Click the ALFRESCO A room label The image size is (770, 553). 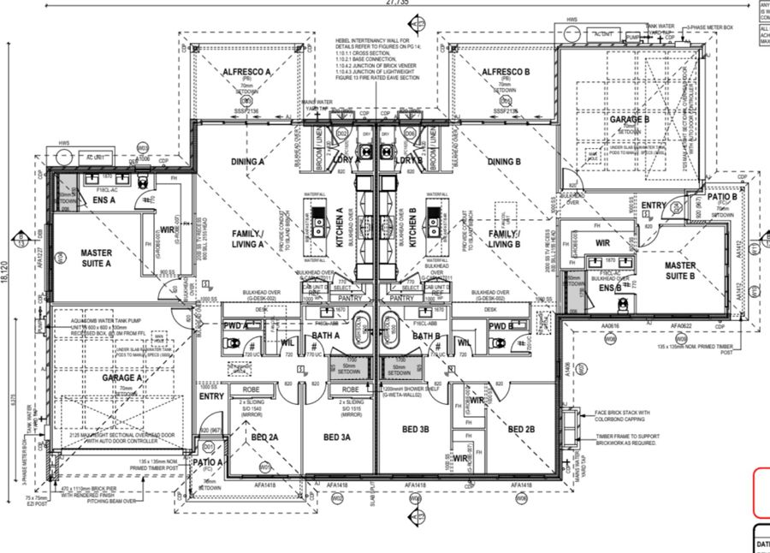coord(247,72)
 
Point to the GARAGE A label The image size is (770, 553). coord(122,378)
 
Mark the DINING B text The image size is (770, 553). coord(505,161)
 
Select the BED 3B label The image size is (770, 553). coord(415,429)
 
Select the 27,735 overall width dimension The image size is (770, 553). coord(385,4)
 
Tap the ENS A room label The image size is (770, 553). coord(104,200)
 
